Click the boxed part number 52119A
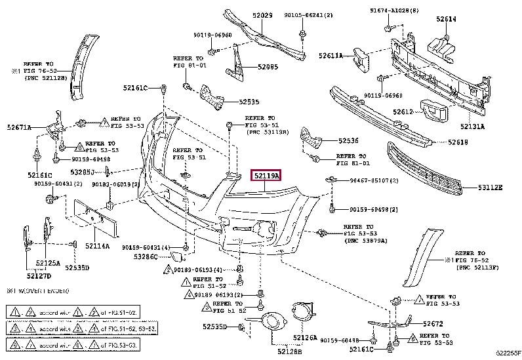[266, 176]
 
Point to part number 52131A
[472, 126]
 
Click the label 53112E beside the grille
[490, 188]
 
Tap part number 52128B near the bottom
[290, 352]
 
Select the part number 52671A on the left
[20, 128]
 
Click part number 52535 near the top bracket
[249, 102]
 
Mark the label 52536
[349, 140]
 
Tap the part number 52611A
[331, 56]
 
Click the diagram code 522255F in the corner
[506, 355]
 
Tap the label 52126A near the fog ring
[305, 338]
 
